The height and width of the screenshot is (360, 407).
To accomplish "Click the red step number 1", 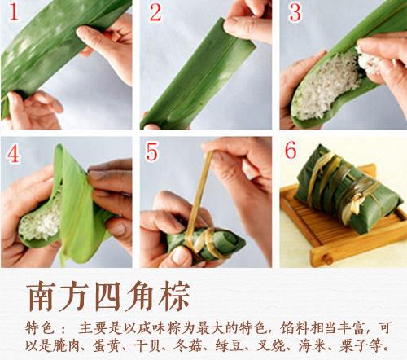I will pos(14,14).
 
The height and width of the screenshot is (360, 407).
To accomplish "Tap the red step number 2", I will pos(155,14).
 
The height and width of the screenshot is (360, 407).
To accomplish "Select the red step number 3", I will pos(295,14).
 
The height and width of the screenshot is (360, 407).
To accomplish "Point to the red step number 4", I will pos(14,155).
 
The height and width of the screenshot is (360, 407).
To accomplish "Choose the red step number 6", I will pos(295,155).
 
